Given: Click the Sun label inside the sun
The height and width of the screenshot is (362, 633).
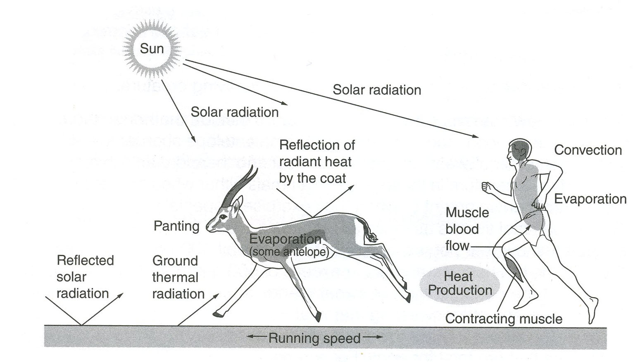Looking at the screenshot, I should (152, 49).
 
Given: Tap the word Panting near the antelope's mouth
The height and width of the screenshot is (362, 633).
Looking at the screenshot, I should (176, 226).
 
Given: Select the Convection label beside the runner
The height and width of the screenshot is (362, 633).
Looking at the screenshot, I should (588, 150).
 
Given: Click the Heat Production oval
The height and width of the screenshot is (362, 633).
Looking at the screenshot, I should (460, 283).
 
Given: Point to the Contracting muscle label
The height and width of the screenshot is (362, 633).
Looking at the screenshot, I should (504, 319).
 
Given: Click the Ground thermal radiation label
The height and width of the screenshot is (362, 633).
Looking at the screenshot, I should (178, 277).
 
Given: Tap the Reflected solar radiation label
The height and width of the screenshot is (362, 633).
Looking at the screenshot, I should (85, 277).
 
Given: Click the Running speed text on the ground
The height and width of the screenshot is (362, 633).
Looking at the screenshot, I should (314, 338).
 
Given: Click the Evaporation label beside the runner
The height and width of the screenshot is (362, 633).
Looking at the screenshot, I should (590, 199).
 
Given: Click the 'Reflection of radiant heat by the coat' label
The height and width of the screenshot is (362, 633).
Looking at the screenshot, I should (316, 162).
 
